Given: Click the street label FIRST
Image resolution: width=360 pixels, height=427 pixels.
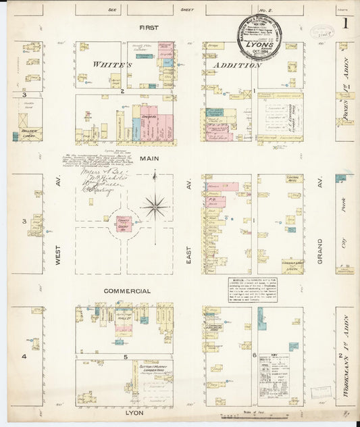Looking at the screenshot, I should tap(149, 28).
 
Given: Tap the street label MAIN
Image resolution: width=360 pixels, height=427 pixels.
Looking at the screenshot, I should tap(149, 159).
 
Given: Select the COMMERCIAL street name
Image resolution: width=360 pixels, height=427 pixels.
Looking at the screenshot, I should tap(127, 291).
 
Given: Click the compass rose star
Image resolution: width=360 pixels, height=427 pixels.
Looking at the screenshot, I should tap(155, 205).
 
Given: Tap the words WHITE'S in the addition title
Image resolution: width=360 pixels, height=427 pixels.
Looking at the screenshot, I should tap(111, 66).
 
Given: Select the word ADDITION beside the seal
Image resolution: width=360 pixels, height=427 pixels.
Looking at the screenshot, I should tap(236, 66).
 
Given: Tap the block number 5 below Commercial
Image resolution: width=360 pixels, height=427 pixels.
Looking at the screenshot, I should tap(126, 355).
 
